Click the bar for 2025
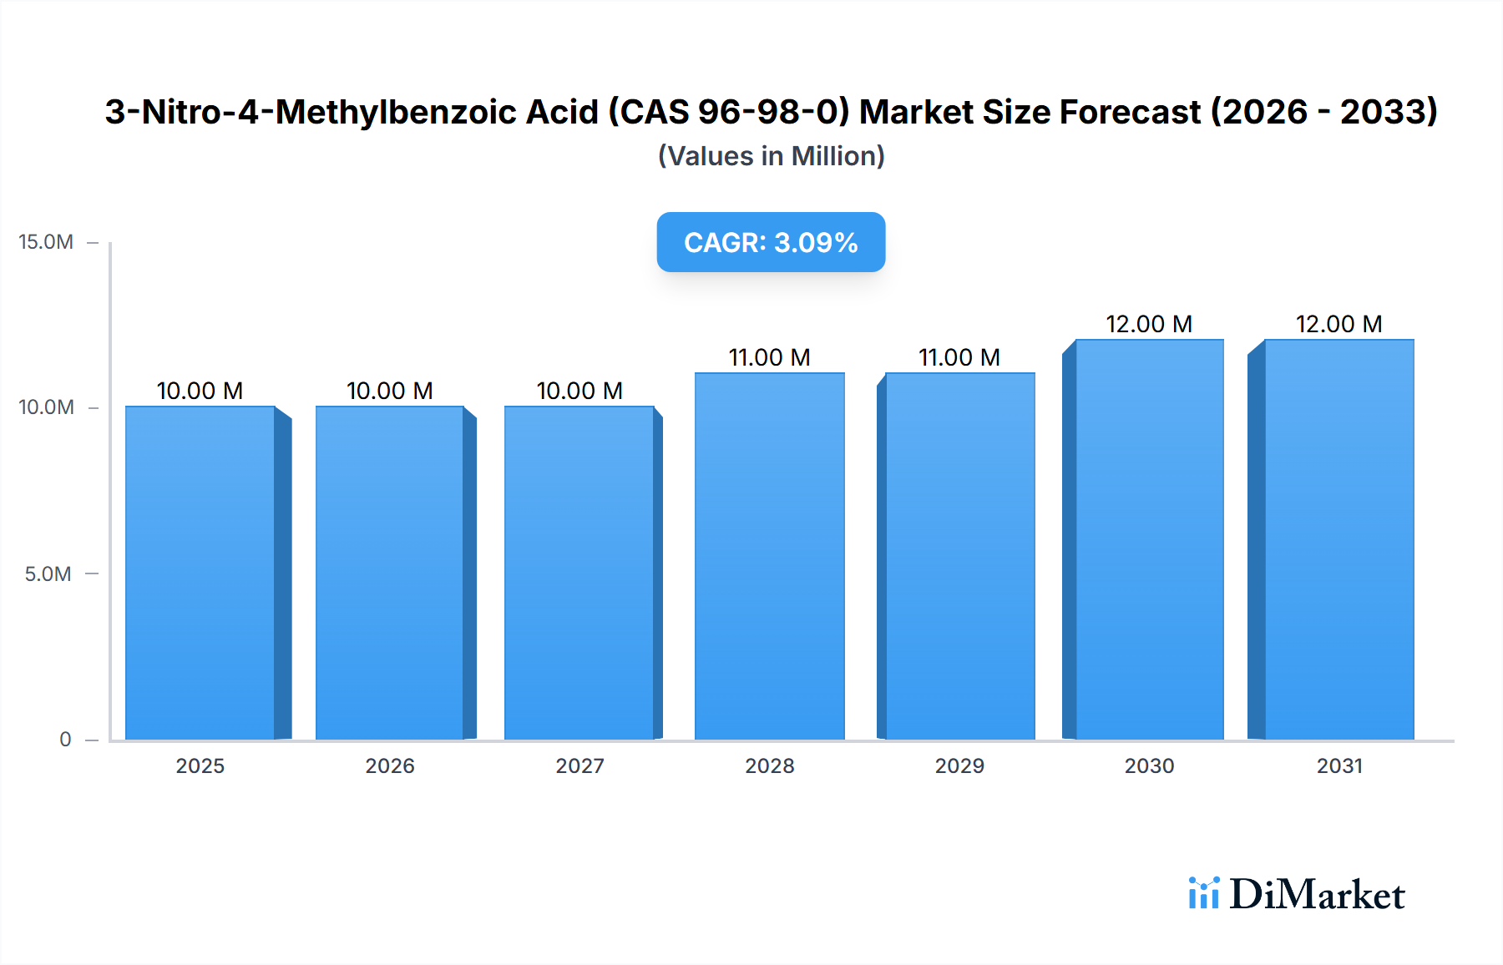coord(200,573)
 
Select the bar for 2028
coord(769,556)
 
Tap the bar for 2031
coord(1339,539)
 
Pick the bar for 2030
coord(1149,539)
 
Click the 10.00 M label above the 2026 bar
coord(389,391)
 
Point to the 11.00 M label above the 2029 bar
coord(959,357)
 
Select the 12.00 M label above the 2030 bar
coord(1149,324)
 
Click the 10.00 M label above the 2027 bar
coord(579,391)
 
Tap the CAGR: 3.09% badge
coord(771,242)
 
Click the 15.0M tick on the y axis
coord(46,242)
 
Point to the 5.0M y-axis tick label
coord(48,573)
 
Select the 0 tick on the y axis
coord(65,739)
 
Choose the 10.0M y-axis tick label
coord(46,407)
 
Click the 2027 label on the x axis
coord(579,765)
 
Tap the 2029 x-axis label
coord(959,765)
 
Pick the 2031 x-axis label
coord(1339,765)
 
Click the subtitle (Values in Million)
coord(771,156)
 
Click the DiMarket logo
coord(1297,894)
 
